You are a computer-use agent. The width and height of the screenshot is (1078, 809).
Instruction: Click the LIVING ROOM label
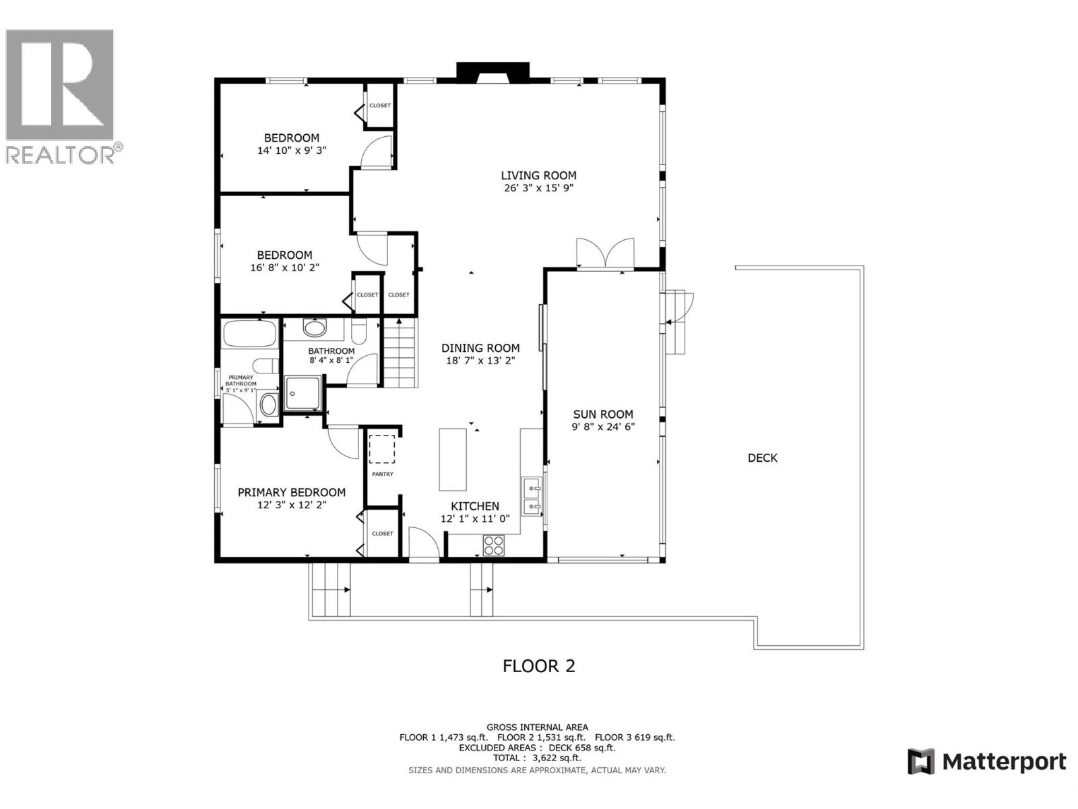click(x=538, y=175)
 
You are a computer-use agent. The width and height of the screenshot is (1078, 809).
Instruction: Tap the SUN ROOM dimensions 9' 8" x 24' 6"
click(x=603, y=427)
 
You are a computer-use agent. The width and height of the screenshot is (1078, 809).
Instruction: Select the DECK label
click(x=762, y=458)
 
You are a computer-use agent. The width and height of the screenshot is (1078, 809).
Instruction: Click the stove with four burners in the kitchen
click(x=494, y=545)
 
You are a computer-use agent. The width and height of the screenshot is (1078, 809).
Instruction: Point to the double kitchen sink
click(x=532, y=496)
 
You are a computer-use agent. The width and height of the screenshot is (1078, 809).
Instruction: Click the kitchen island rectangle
click(x=453, y=459)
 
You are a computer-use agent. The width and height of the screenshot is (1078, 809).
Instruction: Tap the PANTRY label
click(x=383, y=475)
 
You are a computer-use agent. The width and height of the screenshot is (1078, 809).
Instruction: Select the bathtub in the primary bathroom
click(x=249, y=334)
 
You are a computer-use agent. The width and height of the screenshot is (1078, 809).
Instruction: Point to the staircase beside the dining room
click(x=400, y=353)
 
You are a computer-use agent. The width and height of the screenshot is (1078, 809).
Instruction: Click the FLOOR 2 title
click(x=538, y=666)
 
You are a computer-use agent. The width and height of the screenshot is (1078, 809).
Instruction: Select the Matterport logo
click(x=986, y=762)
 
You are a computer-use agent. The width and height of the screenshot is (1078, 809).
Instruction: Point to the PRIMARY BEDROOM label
click(x=292, y=493)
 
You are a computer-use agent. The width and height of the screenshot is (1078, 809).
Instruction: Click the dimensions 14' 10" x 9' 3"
click(x=292, y=151)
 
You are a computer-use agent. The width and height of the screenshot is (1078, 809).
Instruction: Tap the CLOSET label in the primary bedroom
click(x=382, y=533)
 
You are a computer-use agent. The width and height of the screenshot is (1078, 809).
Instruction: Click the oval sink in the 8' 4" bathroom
click(x=313, y=328)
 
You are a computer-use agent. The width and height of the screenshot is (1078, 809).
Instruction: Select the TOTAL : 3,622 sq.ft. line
click(x=537, y=758)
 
